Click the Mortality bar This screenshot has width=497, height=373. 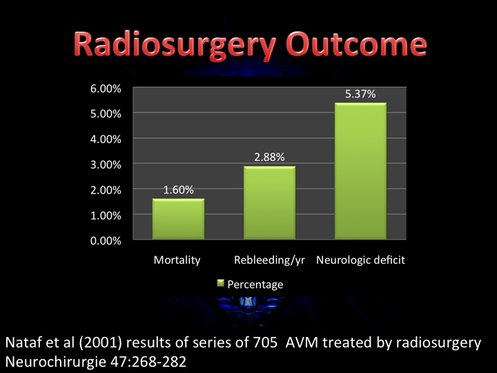(179, 219)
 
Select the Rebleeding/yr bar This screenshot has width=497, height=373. (269, 202)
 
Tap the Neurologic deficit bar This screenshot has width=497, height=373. (361, 171)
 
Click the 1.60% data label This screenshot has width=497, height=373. (179, 190)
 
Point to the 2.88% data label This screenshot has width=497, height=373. (269, 157)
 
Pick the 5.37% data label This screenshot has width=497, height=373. (360, 94)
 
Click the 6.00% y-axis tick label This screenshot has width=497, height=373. (106, 88)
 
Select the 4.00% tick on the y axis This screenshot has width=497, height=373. (106, 140)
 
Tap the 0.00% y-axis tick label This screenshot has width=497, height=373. (106, 241)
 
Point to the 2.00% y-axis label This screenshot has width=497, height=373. (106, 190)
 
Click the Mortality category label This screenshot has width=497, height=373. (177, 260)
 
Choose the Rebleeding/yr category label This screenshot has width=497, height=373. (269, 260)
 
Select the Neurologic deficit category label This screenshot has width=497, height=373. (361, 260)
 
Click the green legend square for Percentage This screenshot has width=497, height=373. (220, 283)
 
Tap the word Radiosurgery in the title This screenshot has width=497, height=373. (175, 44)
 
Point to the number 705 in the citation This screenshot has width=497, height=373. (265, 343)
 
